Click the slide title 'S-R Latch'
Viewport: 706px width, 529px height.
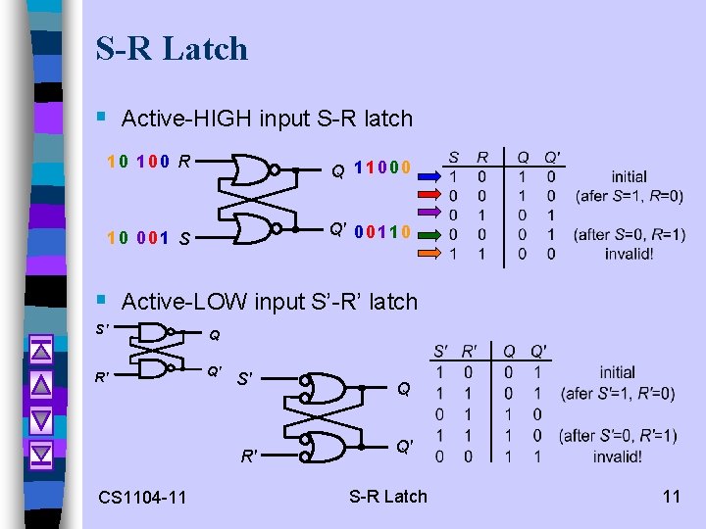coord(172,48)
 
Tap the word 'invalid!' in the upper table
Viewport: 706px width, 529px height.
coord(629,253)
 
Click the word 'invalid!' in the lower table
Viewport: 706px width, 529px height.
coord(618,457)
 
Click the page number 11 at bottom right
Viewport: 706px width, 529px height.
coord(671,497)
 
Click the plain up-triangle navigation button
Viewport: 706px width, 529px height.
coord(40,384)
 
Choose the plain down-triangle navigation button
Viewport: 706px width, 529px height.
coord(40,418)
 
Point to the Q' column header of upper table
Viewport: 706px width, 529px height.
coord(552,158)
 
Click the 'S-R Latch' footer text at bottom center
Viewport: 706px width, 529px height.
coord(388,497)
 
